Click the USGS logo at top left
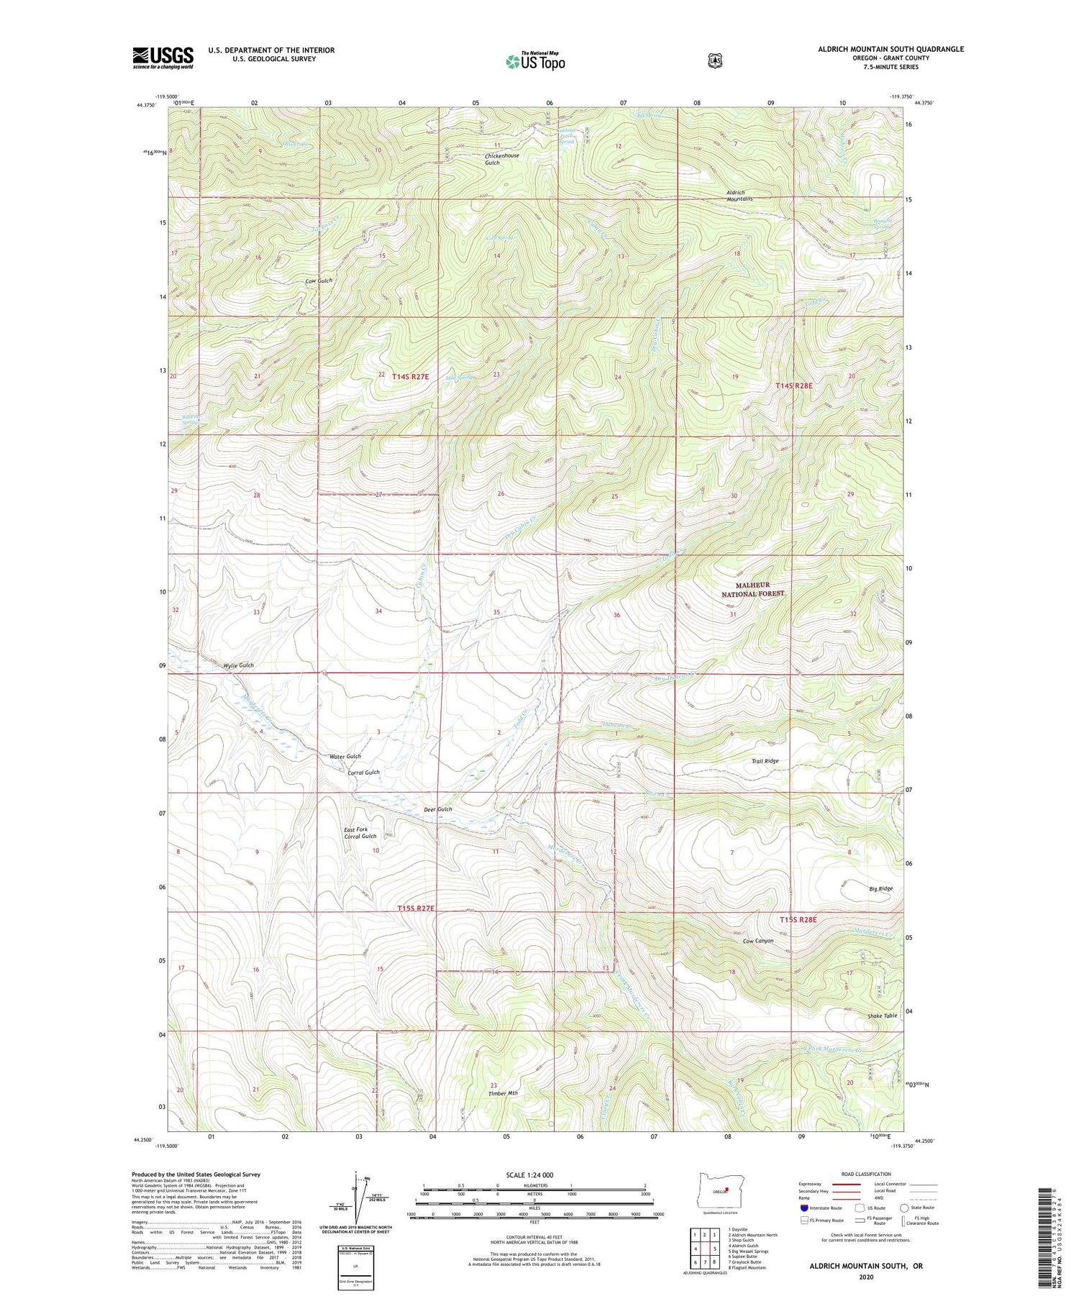click(163, 58)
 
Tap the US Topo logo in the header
click(535, 61)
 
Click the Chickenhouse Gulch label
click(502, 159)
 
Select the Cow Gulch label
click(319, 281)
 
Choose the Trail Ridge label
click(765, 760)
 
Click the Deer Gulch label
click(437, 809)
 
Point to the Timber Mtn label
click(502, 1093)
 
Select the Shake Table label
click(882, 1015)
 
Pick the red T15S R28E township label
click(798, 919)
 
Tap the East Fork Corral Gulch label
click(360, 832)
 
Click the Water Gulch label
click(345, 756)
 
